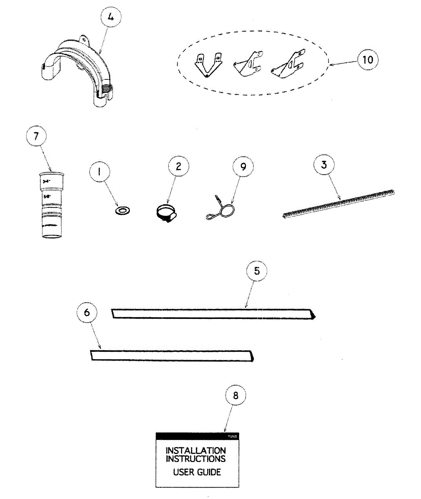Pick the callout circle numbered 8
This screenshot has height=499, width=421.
[x=236, y=395]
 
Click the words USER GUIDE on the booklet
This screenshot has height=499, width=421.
[x=197, y=472]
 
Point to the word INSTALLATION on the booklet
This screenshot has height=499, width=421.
[x=196, y=450]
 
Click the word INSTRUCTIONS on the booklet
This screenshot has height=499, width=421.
[x=196, y=459]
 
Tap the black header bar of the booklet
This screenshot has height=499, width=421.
[x=197, y=436]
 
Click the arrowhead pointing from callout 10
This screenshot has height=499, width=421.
[x=331, y=64]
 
